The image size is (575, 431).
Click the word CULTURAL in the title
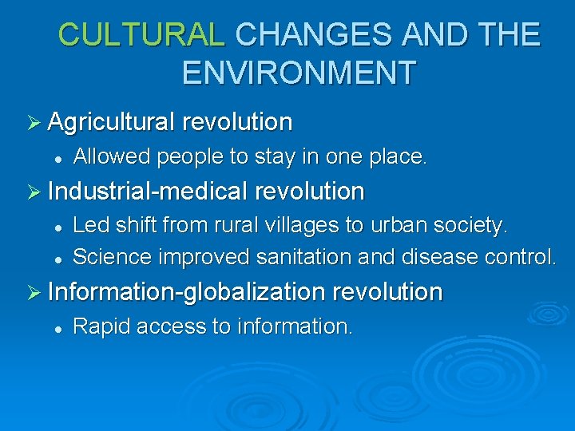[x=142, y=34]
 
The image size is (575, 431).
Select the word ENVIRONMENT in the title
[x=299, y=72]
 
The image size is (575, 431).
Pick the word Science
[x=113, y=257]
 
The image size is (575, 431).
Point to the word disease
[x=443, y=257]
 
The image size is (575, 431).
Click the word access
[x=165, y=326]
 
